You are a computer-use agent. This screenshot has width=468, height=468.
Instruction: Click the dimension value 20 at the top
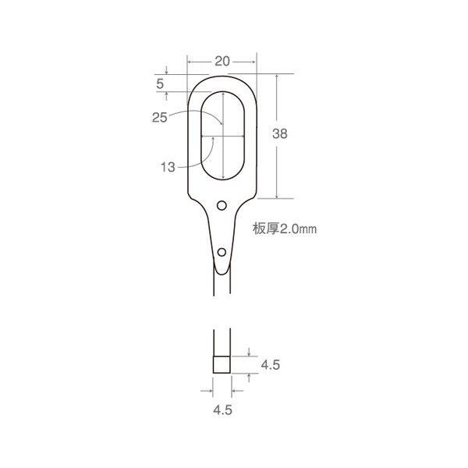coord(222,62)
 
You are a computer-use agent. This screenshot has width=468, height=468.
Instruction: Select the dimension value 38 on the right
coord(280,133)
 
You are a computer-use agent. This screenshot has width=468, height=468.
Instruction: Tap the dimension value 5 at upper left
coord(160,84)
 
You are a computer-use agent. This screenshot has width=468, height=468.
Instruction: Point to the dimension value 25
coord(159,117)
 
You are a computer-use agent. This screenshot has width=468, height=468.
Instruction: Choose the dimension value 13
coord(168,167)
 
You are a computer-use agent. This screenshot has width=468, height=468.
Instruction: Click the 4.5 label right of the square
coord(271,365)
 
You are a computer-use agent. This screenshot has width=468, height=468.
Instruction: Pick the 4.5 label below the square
coord(222,409)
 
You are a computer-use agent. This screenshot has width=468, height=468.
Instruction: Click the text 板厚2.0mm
coord(285,229)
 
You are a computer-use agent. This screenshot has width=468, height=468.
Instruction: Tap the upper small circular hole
coord(222,205)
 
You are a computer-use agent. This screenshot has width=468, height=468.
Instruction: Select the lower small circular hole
coord(222,252)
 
